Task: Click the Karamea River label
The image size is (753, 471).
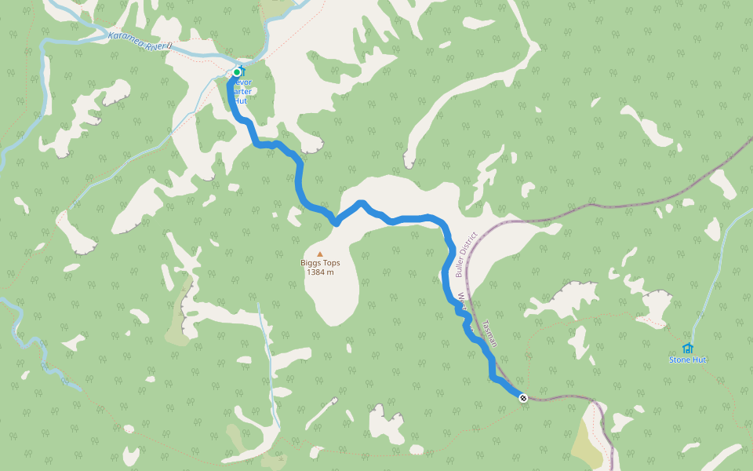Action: (139, 41)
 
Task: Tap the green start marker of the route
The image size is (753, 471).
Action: (236, 72)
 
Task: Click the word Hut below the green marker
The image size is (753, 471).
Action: (240, 101)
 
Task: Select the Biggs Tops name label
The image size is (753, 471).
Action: (320, 263)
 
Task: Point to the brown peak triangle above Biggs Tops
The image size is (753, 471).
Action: (319, 254)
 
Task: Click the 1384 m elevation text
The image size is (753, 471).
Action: (320, 272)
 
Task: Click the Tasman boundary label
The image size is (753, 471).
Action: (491, 334)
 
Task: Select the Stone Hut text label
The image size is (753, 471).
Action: (687, 360)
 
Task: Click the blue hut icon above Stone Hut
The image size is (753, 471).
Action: (688, 348)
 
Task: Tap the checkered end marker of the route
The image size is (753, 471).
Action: (522, 396)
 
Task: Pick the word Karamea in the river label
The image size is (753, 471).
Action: (125, 38)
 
